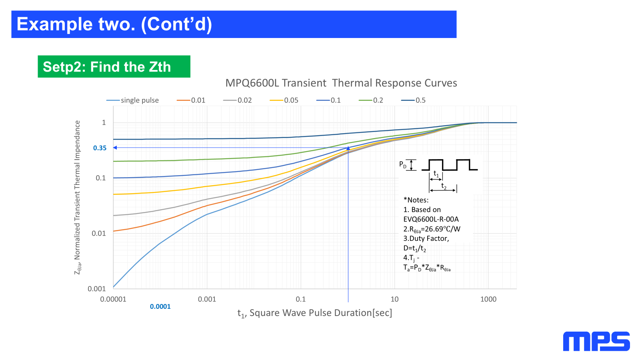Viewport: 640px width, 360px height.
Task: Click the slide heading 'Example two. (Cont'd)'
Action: click(114, 24)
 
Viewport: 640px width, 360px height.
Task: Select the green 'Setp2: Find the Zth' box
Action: click(114, 66)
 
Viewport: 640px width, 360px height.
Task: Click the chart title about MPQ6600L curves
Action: click(341, 83)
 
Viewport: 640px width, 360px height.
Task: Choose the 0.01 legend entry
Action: click(191, 100)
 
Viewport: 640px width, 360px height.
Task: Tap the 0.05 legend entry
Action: click(284, 100)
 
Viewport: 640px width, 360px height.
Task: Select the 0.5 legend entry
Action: click(414, 100)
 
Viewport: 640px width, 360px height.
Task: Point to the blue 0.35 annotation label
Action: click(100, 148)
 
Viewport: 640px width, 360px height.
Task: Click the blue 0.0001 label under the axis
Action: click(160, 306)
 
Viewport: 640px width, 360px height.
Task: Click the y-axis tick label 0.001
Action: click(97, 289)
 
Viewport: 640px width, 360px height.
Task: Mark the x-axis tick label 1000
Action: click(488, 299)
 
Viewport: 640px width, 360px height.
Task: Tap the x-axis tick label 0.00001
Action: click(113, 299)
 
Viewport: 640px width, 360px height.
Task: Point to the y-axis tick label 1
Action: click(104, 122)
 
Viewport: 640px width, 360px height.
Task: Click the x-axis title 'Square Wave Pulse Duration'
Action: click(315, 313)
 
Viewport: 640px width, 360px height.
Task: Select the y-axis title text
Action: click(78, 198)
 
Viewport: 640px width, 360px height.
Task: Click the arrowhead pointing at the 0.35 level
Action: click(115, 148)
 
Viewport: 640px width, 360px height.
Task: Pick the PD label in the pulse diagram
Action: click(403, 164)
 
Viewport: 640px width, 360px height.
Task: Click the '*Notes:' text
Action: click(416, 200)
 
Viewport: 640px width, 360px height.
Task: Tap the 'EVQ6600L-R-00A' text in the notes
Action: click(431, 219)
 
